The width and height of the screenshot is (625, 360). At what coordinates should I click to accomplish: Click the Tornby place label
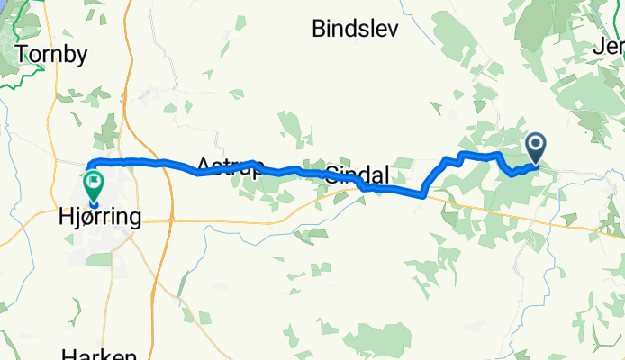pyautogui.click(x=51, y=54)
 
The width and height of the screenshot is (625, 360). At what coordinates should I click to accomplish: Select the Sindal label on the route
pyautogui.click(x=358, y=174)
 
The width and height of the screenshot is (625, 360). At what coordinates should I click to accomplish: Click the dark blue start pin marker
pyautogui.click(x=536, y=146)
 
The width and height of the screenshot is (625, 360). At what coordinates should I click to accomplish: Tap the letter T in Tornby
pyautogui.click(x=22, y=54)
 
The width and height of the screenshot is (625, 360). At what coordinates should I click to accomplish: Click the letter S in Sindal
pyautogui.click(x=331, y=174)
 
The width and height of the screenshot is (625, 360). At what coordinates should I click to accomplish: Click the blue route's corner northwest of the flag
pyautogui.click(x=89, y=165)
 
